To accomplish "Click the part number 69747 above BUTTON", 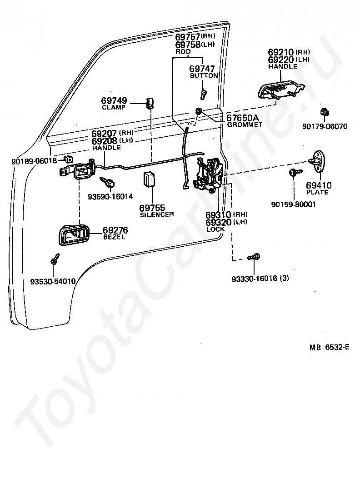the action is coord(202,69).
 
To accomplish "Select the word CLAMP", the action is coord(114,107).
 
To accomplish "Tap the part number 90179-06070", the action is coord(325,126).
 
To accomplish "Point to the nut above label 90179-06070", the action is coord(325,112).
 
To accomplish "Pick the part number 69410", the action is coord(319,185).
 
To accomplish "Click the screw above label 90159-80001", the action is coord(295,172).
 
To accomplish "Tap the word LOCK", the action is coord(215,229).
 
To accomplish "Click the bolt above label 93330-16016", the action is coord(254,257).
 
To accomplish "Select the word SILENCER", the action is coord(157,214).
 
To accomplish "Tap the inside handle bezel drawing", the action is coord(74,234).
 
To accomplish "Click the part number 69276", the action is coord(115,230).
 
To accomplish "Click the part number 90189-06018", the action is coord(34,161).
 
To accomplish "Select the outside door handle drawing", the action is coord(281,90).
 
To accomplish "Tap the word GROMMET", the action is coord(245,124).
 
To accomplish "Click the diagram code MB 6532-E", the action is coord(330,347).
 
